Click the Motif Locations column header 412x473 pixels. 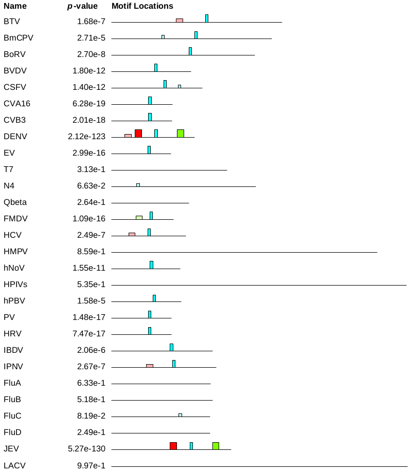tap(142, 6)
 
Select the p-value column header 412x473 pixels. tap(86, 6)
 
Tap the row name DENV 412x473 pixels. tap(15, 137)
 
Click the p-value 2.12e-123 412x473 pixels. tap(86, 137)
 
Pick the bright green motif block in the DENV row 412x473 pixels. tap(180, 134)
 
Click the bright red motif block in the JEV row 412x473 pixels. tap(173, 446)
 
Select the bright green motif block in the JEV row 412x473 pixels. tap(216, 446)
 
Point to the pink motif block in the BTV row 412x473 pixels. tap(179, 21)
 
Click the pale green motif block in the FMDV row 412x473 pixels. tap(139, 217)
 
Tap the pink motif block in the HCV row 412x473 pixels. tap(132, 234)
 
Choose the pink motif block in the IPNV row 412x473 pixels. tap(150, 366)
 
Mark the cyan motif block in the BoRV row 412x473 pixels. tap(190, 51)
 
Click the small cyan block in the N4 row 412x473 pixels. tap(138, 185)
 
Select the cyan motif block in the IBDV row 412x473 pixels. tap(171, 347)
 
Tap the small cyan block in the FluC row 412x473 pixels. tap(180, 415)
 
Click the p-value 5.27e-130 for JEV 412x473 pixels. tap(86, 449)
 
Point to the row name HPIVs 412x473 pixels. tap(15, 285)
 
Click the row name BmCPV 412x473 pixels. tap(19, 38)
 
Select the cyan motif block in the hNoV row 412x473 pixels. tap(151, 264)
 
